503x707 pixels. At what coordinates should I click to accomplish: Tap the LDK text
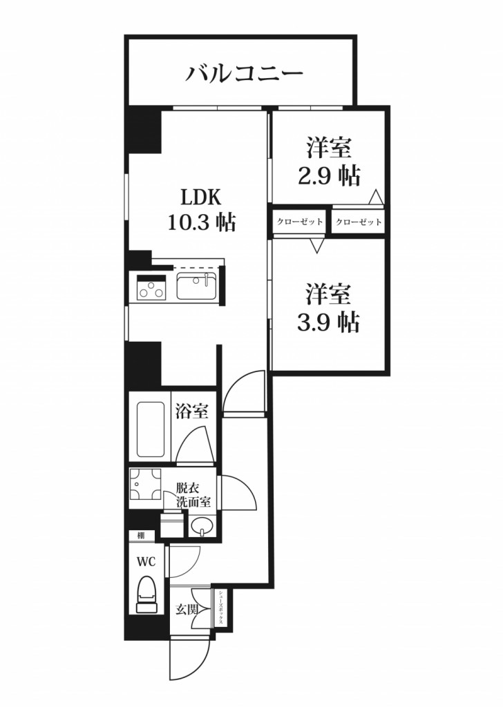point(200,198)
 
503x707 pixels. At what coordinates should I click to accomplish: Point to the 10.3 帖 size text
point(200,222)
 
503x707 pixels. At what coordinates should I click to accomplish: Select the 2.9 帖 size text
point(329,175)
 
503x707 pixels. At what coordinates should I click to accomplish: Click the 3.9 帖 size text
point(329,321)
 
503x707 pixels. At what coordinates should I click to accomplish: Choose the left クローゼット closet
point(300,222)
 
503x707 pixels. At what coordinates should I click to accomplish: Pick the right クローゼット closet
point(359,222)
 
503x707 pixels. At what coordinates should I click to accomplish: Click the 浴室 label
point(191,411)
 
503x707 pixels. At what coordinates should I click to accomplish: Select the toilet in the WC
point(146,594)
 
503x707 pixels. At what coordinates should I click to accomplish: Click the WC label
point(145,561)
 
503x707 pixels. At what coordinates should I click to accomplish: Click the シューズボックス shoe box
point(222,608)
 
